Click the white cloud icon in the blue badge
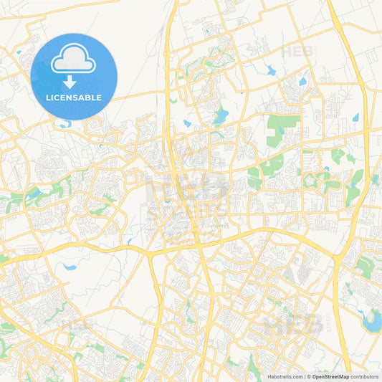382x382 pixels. pos(74,59)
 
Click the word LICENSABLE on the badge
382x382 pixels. pos(74,97)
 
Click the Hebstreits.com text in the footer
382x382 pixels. pos(282,376)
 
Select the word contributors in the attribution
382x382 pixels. pos(364,376)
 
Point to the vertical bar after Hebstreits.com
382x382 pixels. pos(303,376)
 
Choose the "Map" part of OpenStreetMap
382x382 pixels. pos(343,376)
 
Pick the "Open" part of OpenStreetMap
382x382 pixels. pos(318,376)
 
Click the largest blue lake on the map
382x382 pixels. pos(372,321)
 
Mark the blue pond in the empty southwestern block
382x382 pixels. pos(70,267)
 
